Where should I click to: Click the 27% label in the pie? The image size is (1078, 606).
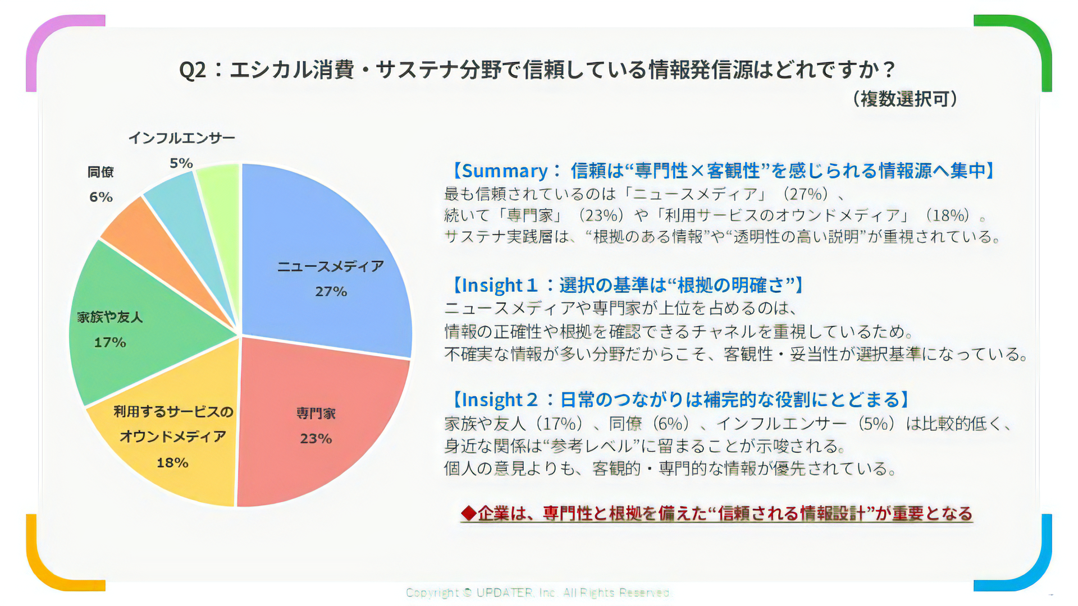331,292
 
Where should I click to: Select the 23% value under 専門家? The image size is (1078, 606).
316,439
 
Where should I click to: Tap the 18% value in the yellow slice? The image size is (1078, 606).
172,463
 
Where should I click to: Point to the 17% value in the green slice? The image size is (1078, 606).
109,342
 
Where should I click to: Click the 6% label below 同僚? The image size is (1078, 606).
101,197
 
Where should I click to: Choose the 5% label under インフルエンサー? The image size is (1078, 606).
181,163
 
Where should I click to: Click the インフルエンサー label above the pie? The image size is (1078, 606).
181,138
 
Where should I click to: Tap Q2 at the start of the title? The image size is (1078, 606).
193,70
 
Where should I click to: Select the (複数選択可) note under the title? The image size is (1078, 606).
905,99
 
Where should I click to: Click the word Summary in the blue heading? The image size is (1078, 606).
504,171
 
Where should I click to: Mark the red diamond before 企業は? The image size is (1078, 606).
468,513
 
